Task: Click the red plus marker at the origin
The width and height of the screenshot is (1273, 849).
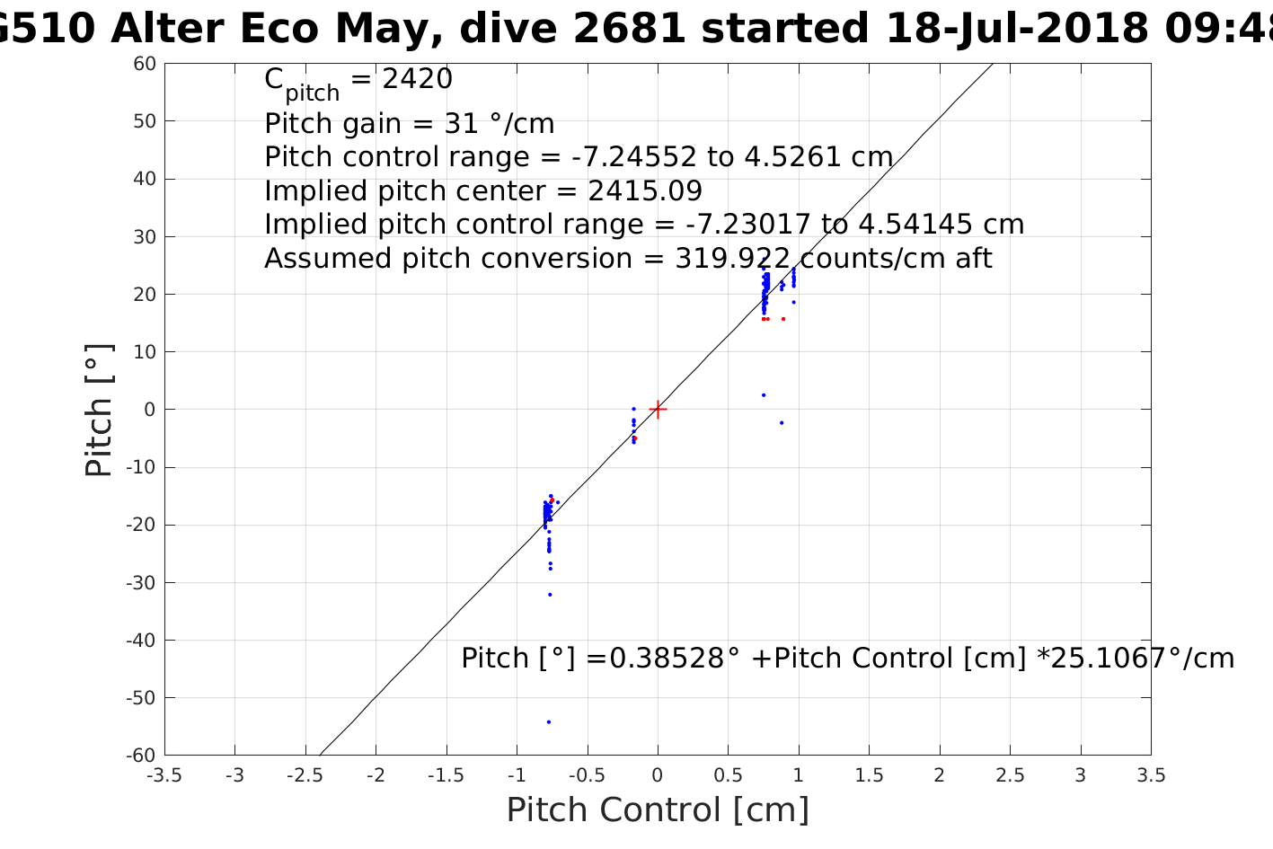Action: point(658,410)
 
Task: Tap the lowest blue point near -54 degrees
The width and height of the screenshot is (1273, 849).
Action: point(549,721)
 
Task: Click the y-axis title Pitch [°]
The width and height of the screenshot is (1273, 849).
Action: point(99,410)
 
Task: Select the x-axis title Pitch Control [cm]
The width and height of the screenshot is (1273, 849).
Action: point(658,809)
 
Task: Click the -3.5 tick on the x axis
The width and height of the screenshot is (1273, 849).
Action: point(164,775)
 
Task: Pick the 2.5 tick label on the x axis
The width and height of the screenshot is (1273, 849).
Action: point(1010,775)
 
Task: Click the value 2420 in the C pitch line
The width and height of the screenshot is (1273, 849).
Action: point(418,80)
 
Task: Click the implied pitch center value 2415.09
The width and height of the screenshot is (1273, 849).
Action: point(645,191)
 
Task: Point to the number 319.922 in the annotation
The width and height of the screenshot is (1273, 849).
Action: point(733,259)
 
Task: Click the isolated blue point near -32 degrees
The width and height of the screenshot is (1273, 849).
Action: point(550,594)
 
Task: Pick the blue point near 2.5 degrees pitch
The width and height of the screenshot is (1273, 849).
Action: point(764,394)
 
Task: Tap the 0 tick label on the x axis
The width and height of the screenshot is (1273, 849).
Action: point(658,775)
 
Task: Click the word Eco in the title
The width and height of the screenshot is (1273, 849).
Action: point(278,29)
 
